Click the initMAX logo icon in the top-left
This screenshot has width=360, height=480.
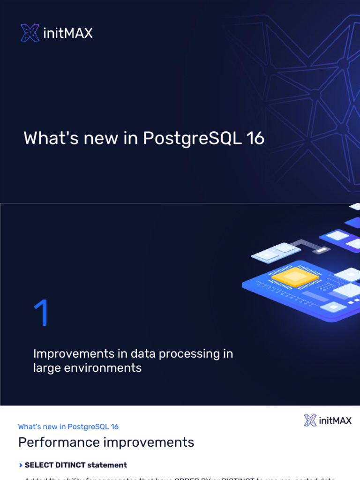30,33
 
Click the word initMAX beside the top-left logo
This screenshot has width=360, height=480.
68,33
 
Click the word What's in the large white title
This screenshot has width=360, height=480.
51,138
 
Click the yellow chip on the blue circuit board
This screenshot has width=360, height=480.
295,277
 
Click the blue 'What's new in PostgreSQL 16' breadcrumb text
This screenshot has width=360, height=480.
68,427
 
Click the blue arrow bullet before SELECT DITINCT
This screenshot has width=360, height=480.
21,465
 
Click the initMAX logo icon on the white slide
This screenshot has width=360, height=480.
310,420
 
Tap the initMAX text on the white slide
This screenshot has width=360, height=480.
335,420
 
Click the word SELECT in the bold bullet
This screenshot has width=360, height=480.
38,465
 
